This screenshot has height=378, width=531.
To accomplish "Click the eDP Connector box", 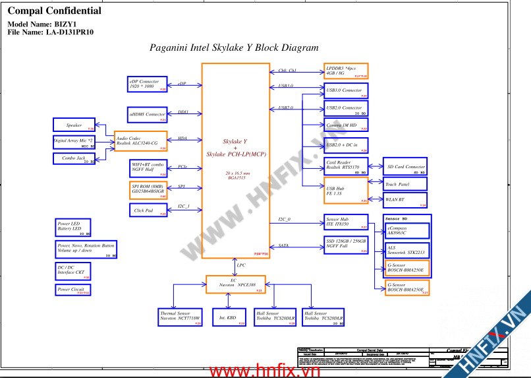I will pyautogui.click(x=147, y=84).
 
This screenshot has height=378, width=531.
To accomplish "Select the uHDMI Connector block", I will pyautogui.click(x=147, y=114).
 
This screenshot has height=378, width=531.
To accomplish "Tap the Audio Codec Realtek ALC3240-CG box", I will pyautogui.click(x=141, y=141).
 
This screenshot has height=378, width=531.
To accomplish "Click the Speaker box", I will pyautogui.click(x=74, y=125).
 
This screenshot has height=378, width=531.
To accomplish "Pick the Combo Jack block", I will pyautogui.click(x=74, y=158).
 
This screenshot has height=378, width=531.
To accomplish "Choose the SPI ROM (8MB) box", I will pyautogui.click(x=149, y=190).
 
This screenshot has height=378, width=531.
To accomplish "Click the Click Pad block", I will pyautogui.click(x=149, y=210).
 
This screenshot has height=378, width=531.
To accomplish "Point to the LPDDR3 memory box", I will pyautogui.click(x=346, y=71).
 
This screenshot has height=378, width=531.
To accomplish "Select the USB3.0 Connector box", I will pyautogui.click(x=346, y=90).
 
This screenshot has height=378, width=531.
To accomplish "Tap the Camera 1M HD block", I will pyautogui.click(x=346, y=125).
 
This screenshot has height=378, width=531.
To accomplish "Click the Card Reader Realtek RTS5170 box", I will pyautogui.click(x=346, y=165).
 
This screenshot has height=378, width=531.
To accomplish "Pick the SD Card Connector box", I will pyautogui.click(x=405, y=167).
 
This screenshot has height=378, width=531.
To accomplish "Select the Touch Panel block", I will pyautogui.click(x=405, y=185).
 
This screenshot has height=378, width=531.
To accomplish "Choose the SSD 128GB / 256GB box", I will pyautogui.click(x=346, y=245).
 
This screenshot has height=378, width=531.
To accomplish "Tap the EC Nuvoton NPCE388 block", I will pyautogui.click(x=236, y=284).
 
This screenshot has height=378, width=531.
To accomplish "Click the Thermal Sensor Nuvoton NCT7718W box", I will pyautogui.click(x=181, y=317).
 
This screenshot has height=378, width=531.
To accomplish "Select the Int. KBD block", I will pyautogui.click(x=229, y=317).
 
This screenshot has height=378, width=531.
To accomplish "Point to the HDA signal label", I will pyautogui.click(x=182, y=139).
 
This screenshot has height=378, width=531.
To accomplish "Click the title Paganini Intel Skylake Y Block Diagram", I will pyautogui.click(x=234, y=47).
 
